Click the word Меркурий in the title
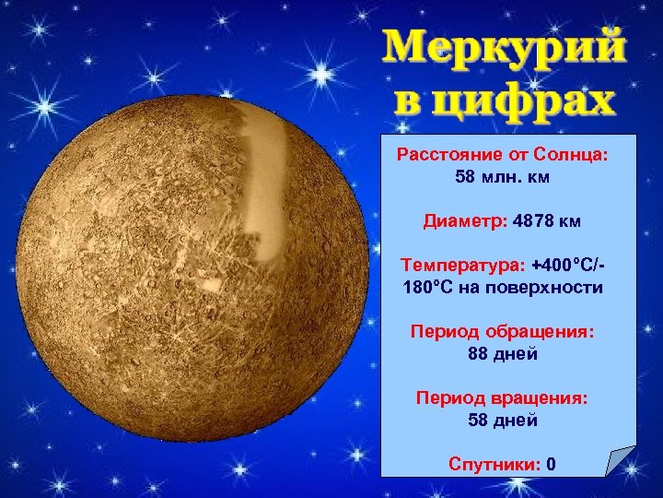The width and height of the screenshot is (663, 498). tap(502, 48)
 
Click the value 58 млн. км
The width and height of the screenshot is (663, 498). tap(502, 175)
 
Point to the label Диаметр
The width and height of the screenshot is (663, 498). tap(456, 221)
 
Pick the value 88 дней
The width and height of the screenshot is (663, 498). tap(502, 354)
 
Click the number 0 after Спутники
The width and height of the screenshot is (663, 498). tap(550, 463)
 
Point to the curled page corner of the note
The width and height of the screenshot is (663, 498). tap(618, 461)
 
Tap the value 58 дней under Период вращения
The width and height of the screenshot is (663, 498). tap(502, 421)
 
